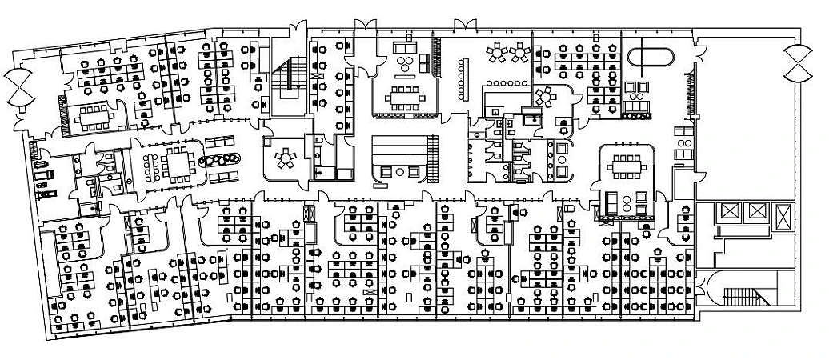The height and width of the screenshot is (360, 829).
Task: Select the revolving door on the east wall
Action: (798, 63)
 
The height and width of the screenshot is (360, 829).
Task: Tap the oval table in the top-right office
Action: (651, 58)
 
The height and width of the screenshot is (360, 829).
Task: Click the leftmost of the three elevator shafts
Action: (729, 212)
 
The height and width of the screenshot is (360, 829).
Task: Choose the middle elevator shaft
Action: (755, 212)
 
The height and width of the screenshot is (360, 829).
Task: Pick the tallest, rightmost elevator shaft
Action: (783, 218)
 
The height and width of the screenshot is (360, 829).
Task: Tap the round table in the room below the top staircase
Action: (284, 158)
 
